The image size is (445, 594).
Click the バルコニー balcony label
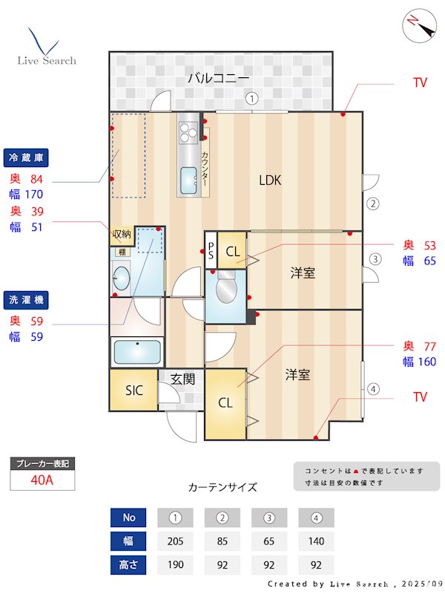(218, 77)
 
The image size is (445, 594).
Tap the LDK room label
(270, 180)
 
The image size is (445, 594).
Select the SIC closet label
(134, 390)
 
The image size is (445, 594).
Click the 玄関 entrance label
(182, 379)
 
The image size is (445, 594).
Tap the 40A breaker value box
(42, 480)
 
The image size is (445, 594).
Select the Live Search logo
(46, 48)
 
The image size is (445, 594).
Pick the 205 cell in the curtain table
(175, 541)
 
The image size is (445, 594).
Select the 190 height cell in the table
(175, 565)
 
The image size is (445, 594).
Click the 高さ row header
(128, 565)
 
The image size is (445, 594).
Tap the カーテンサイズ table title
(222, 488)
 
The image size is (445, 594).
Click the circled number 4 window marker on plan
(374, 388)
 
